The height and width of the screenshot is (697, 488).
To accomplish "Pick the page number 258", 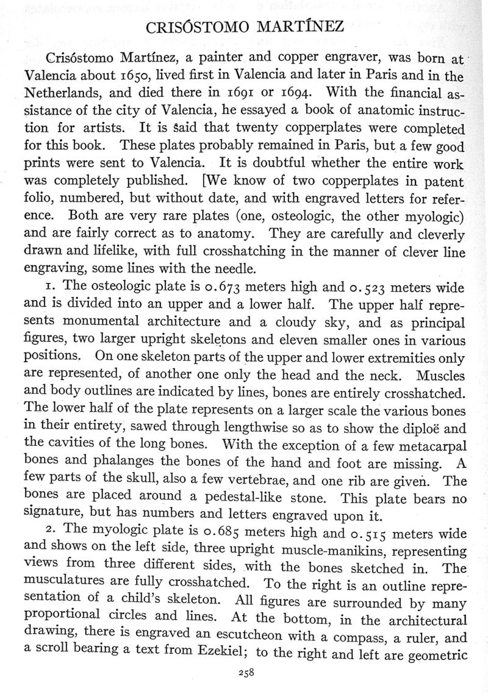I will [245, 673].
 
